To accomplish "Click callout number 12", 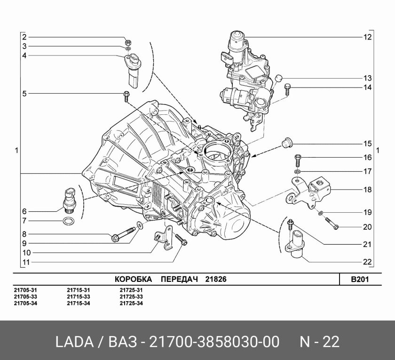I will (x=367, y=37).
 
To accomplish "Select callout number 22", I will (x=367, y=262).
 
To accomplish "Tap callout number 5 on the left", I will (x=24, y=93).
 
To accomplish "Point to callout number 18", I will (x=367, y=190).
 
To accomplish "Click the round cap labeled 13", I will (x=278, y=78).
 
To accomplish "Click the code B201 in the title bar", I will (x=359, y=279).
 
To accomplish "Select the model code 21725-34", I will (x=131, y=303).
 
